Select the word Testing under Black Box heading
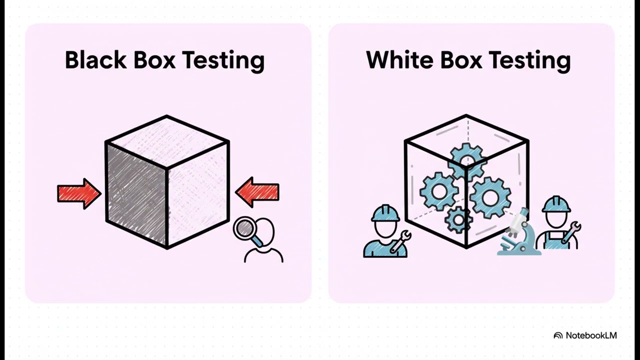223,61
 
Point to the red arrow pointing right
79,193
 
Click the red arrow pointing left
257,192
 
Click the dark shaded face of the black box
136,195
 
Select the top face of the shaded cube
167,142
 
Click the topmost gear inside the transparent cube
467,161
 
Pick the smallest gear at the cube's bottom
458,219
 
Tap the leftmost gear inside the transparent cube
439,191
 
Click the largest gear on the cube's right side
490,197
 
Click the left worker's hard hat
385,213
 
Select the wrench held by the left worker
400,241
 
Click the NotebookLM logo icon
558,335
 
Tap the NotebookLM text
591,335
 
